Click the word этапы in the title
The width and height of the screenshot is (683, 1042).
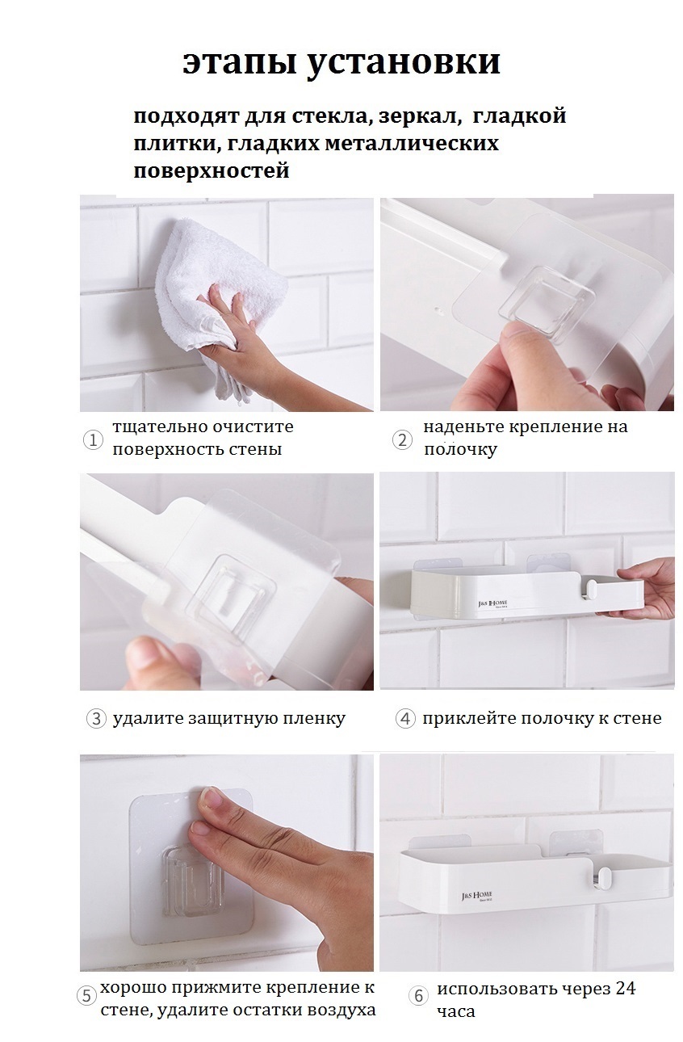pos(238,63)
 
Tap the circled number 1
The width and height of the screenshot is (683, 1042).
pos(93,439)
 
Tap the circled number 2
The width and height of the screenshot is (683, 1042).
pos(402,439)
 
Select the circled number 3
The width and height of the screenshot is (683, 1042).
pos(96,719)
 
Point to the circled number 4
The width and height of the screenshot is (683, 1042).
pos(405,719)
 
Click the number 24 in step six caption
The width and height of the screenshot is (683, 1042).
pos(625,988)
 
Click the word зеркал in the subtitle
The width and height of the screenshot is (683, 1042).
pos(421,116)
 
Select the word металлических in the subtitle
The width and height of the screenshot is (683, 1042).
pos(412,143)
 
